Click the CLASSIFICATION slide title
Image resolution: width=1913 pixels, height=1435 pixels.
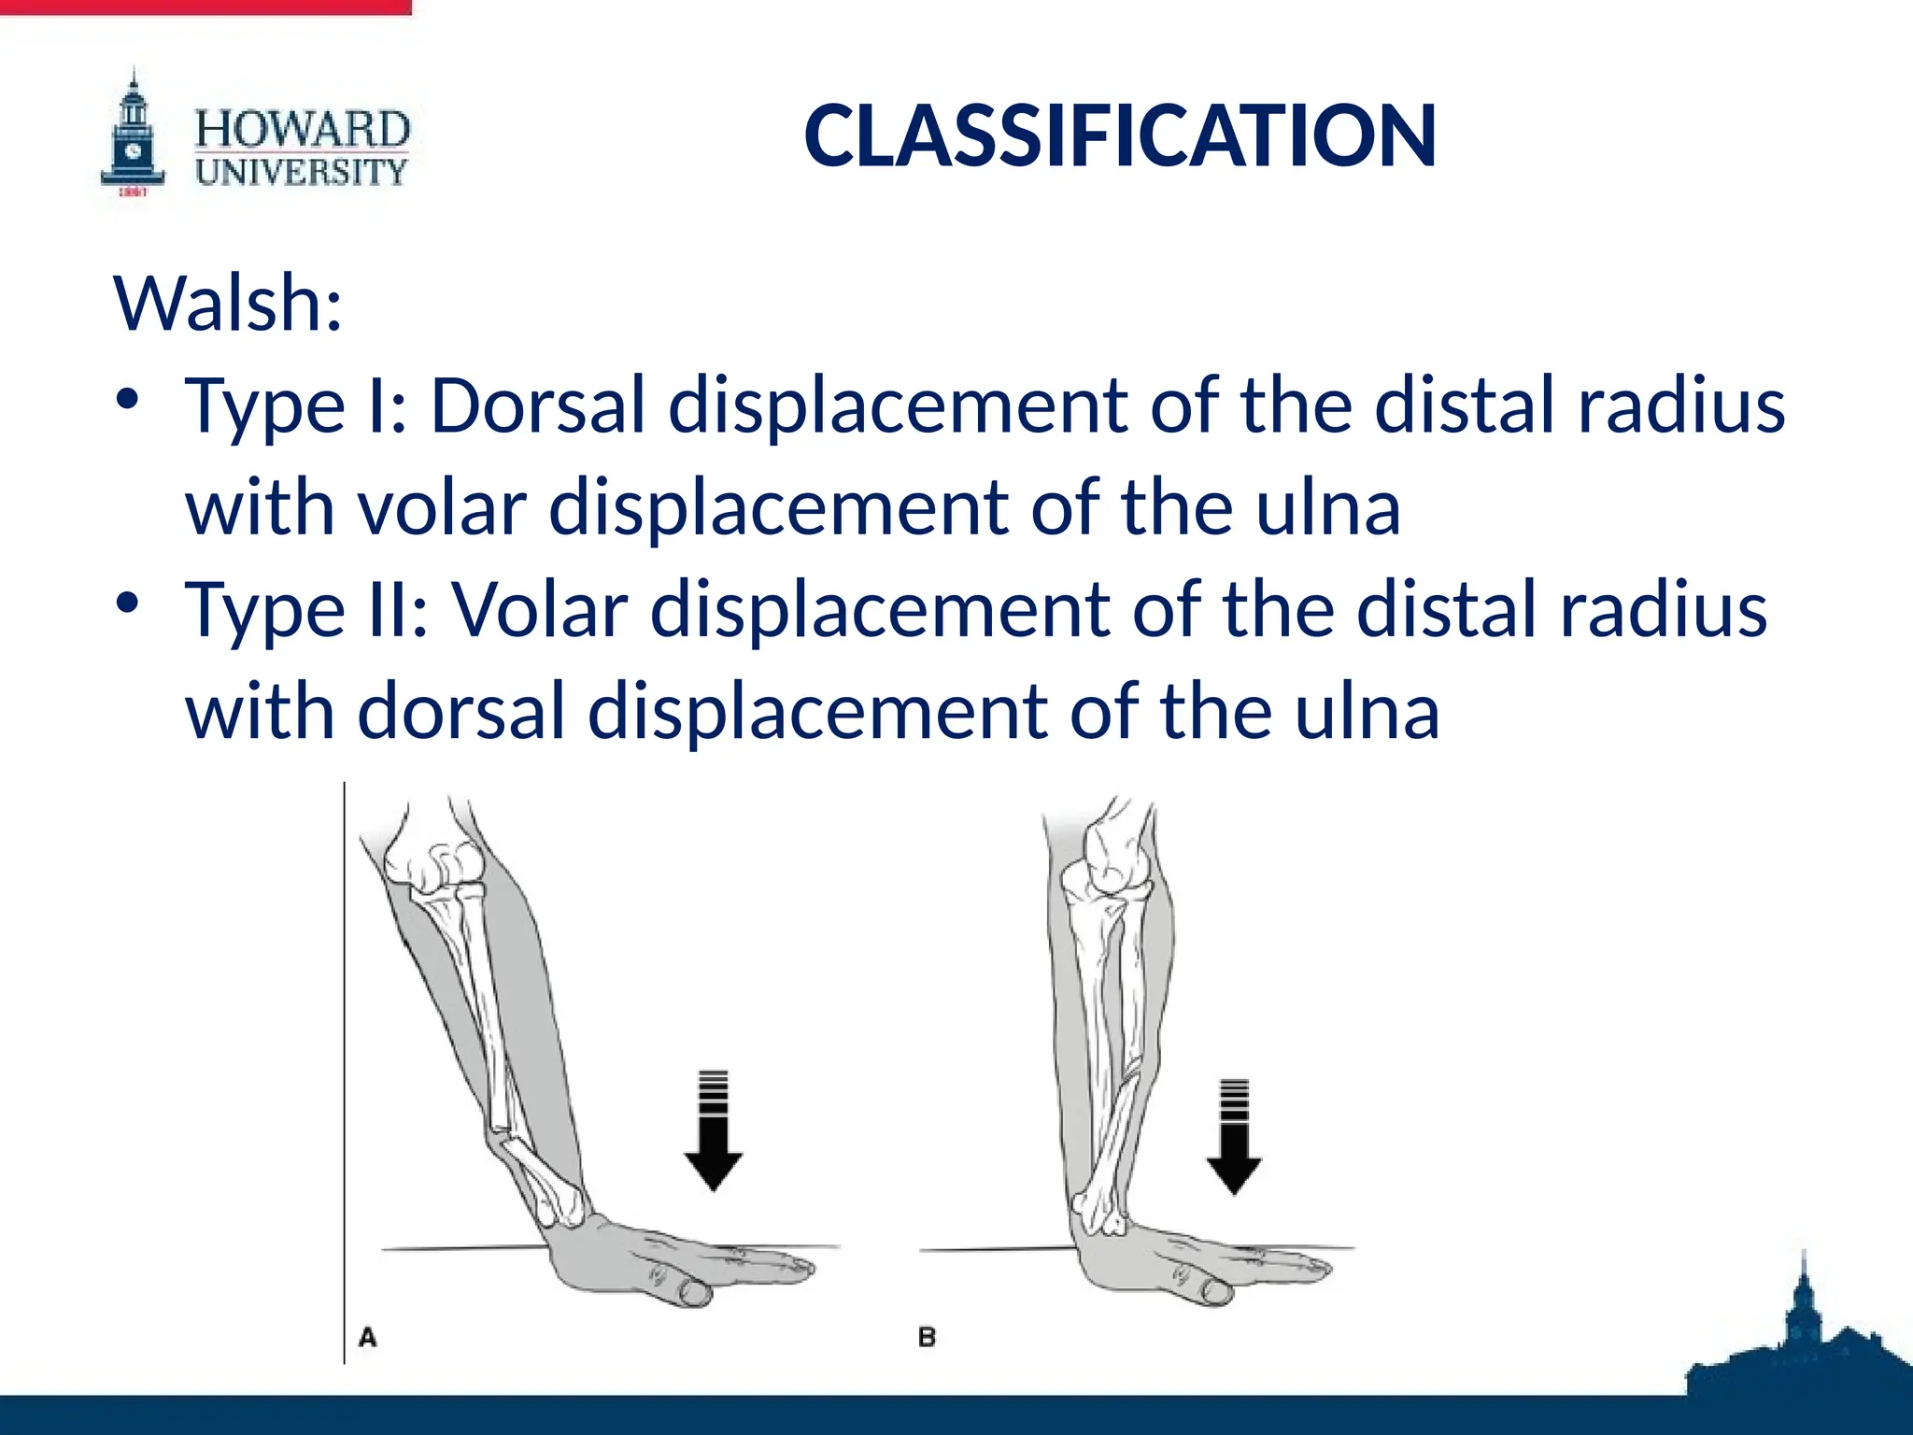pos(1119,136)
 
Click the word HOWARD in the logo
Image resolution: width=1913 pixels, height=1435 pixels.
pos(302,130)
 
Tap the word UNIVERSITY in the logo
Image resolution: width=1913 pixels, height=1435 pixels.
pos(302,172)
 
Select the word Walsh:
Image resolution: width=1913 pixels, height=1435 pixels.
pos(228,304)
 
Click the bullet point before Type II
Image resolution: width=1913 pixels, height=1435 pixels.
pos(128,604)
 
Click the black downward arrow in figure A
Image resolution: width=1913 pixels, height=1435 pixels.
pos(713,1135)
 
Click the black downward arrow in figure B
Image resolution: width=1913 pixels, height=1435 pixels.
pos(1234,1140)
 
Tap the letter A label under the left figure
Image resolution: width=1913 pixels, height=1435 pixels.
pos(368,1338)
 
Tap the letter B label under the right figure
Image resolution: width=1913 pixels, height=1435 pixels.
pos(927,1338)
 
